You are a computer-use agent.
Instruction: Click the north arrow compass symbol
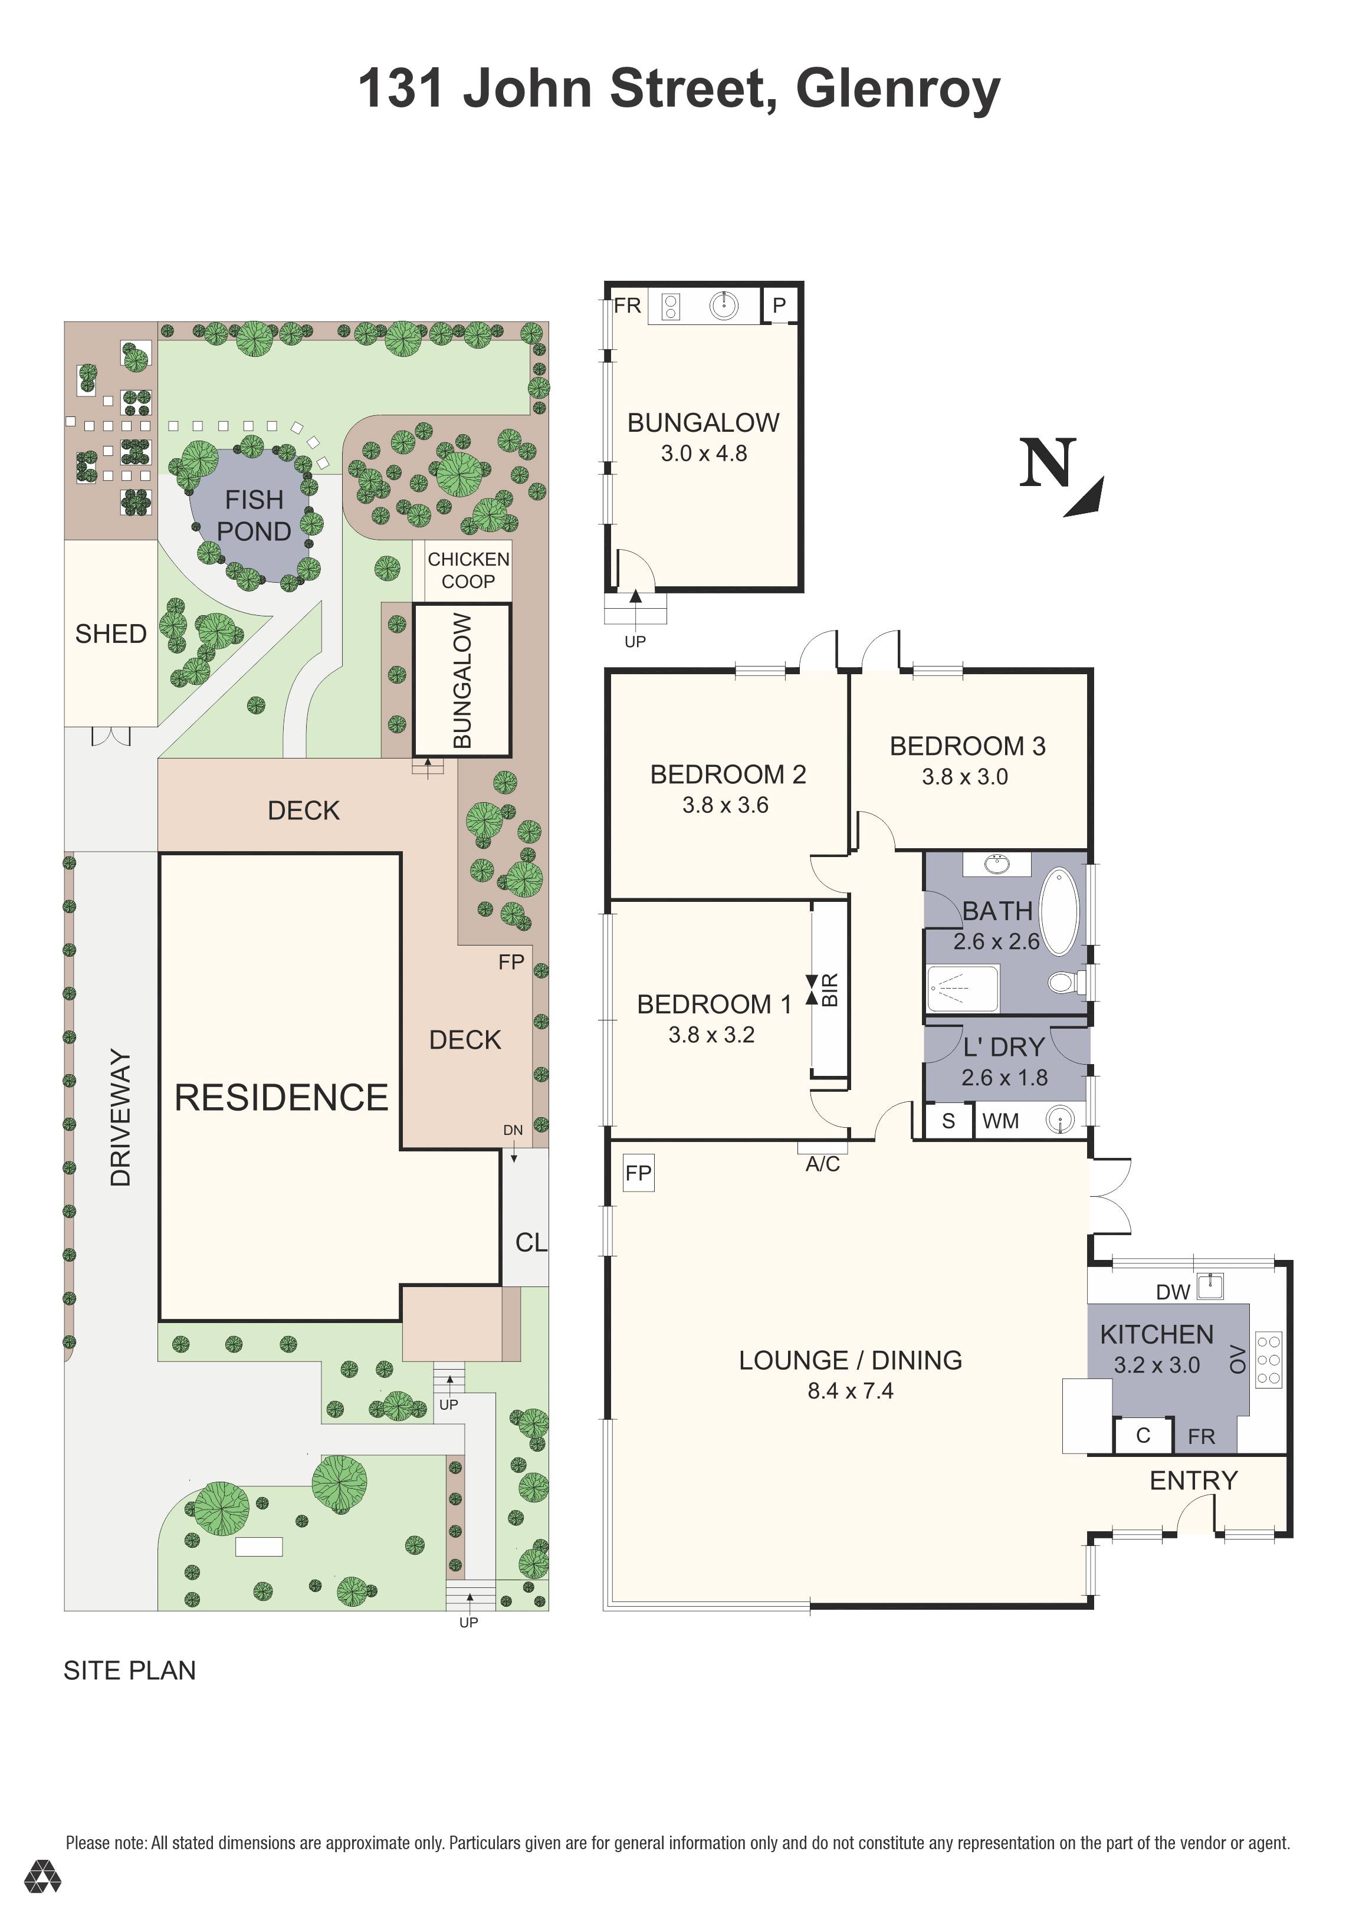pyautogui.click(x=1061, y=475)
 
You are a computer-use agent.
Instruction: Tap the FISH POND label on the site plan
pyautogui.click(x=254, y=516)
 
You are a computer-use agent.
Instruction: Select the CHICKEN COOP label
pyautogui.click(x=468, y=570)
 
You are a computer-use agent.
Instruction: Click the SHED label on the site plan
pyautogui.click(x=111, y=634)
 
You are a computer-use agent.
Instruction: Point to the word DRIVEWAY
pyautogui.click(x=121, y=1117)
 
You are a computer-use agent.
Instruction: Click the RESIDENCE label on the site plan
pyautogui.click(x=281, y=1097)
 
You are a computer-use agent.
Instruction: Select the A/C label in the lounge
pyautogui.click(x=823, y=1163)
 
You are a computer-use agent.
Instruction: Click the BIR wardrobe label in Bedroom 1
pyautogui.click(x=829, y=990)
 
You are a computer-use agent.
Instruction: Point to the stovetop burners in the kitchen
pyautogui.click(x=1268, y=1359)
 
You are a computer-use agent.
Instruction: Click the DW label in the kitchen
pyautogui.click(x=1173, y=1292)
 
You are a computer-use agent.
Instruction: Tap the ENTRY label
pyautogui.click(x=1193, y=1481)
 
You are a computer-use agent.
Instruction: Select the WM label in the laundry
pyautogui.click(x=1000, y=1121)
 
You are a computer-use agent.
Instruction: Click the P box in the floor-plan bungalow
pyautogui.click(x=780, y=305)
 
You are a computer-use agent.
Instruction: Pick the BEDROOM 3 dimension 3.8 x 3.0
pyautogui.click(x=965, y=777)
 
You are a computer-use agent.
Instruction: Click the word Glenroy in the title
pyautogui.click(x=898, y=89)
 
